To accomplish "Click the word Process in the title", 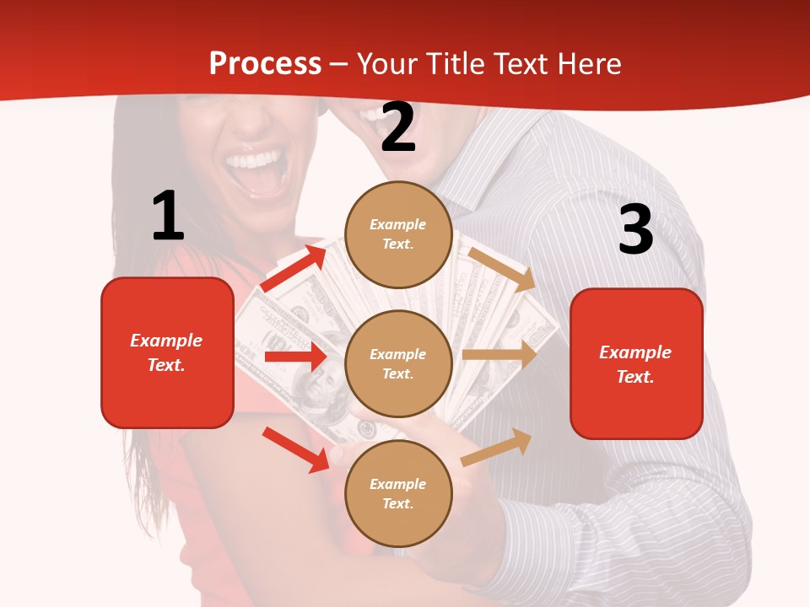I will coord(265,64).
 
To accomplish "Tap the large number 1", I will coord(167,216).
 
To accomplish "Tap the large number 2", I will coord(397,127).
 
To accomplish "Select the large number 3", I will coord(635,229).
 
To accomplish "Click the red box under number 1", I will coord(167,352).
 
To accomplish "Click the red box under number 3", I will coord(636,363).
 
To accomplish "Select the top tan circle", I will coord(398,234).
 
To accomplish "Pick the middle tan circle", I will coord(398,363).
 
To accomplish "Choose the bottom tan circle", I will coord(398,493).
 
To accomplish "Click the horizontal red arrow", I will coord(295,357).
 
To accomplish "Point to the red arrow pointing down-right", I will coord(296,449).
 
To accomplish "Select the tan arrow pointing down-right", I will coord(501,269).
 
